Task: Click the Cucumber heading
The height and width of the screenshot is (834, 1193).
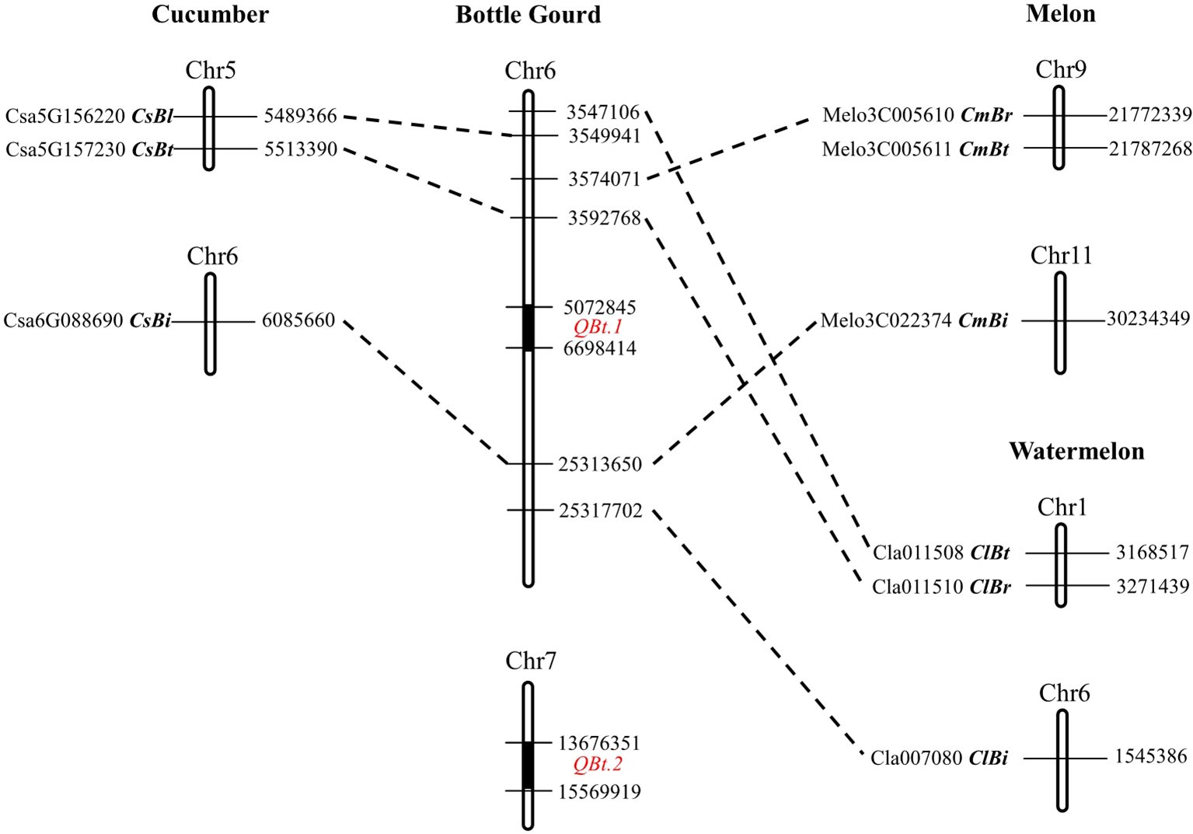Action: [210, 14]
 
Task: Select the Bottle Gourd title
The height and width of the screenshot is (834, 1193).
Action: [528, 15]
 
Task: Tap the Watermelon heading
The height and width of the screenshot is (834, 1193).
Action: [1076, 452]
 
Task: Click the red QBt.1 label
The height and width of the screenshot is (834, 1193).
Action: [598, 327]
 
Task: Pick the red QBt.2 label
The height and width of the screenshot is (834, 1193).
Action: [598, 765]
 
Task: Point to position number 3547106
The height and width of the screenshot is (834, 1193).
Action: [602, 113]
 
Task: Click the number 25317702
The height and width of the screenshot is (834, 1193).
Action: [600, 511]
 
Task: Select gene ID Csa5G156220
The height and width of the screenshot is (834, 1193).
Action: [65, 117]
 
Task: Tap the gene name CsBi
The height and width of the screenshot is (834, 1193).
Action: [150, 320]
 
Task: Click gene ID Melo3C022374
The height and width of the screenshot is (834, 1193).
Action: [887, 320]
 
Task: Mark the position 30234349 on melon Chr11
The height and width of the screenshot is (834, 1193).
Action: [1148, 319]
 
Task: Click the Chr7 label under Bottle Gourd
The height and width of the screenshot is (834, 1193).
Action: [530, 661]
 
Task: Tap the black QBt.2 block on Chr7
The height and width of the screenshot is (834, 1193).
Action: [528, 766]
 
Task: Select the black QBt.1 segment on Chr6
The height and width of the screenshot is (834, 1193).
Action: [528, 327]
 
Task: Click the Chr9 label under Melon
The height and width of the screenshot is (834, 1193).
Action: [1060, 70]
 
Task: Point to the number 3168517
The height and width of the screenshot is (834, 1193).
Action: [1152, 553]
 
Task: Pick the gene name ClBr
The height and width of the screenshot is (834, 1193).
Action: [990, 587]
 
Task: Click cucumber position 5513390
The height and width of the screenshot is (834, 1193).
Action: [300, 149]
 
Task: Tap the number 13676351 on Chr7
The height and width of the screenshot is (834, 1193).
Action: [598, 743]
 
